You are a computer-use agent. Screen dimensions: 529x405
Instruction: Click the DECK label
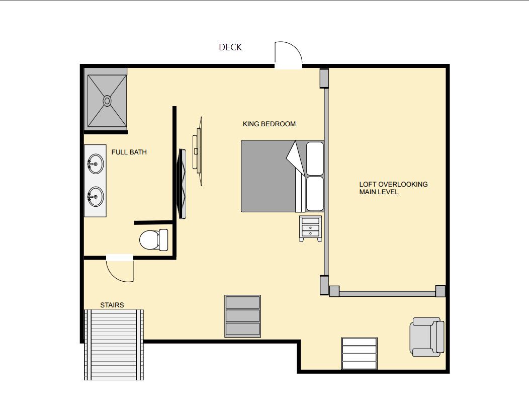[x=230, y=47]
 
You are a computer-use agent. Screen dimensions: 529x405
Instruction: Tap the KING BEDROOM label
[x=269, y=124]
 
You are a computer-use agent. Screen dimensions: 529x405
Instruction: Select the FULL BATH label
[x=129, y=152]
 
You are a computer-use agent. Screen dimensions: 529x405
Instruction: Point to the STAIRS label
[x=112, y=305]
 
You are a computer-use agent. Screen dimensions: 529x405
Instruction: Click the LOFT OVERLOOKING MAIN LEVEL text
[x=393, y=188]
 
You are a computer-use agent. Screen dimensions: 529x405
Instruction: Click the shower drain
[x=107, y=101]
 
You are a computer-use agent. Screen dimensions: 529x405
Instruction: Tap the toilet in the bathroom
[x=154, y=239]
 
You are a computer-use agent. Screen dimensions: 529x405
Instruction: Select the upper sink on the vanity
[x=96, y=164]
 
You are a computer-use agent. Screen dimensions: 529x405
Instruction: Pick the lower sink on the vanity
[x=96, y=196]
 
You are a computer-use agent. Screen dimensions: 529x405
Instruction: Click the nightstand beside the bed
[x=310, y=228]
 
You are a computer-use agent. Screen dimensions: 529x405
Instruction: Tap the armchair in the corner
[x=427, y=337]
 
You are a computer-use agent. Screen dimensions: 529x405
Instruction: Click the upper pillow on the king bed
[x=315, y=158]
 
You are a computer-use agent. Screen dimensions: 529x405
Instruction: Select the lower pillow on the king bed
[x=315, y=194]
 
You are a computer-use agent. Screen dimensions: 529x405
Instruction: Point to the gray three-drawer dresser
[x=242, y=316]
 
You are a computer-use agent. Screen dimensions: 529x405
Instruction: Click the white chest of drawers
[x=359, y=353]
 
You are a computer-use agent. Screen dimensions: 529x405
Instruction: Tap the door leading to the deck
[x=289, y=54]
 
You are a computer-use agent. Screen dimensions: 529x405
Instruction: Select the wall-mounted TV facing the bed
[x=183, y=184]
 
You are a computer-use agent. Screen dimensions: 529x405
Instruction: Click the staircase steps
[x=114, y=345]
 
